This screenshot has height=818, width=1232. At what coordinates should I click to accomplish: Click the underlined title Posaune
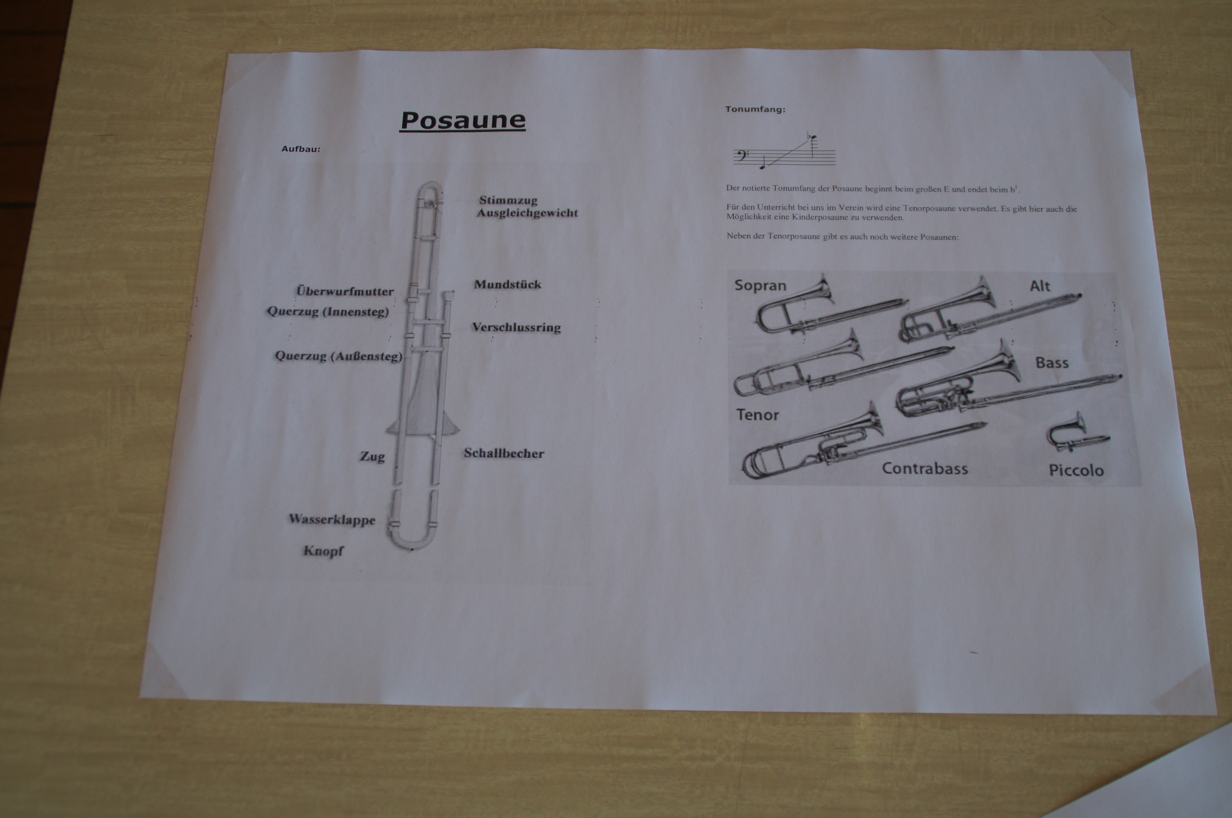[463, 121]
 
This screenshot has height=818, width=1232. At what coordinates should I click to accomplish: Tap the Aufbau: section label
[301, 149]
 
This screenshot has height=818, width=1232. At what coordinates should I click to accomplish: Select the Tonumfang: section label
[755, 110]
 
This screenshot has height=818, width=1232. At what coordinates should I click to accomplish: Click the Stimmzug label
[508, 200]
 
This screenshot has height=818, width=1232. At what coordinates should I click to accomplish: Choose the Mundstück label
[507, 284]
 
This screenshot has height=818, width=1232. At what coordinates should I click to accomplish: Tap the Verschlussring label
[516, 328]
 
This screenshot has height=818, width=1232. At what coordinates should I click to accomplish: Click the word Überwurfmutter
[345, 291]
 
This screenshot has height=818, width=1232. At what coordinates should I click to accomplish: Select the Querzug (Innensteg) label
[328, 312]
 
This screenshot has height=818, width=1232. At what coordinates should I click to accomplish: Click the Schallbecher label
[504, 453]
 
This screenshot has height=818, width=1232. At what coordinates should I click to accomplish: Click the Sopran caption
[760, 285]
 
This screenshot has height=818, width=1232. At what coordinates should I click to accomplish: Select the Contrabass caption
[925, 468]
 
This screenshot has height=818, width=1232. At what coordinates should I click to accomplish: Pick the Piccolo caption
[1076, 471]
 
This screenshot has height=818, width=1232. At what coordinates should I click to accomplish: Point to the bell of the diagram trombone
[423, 412]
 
